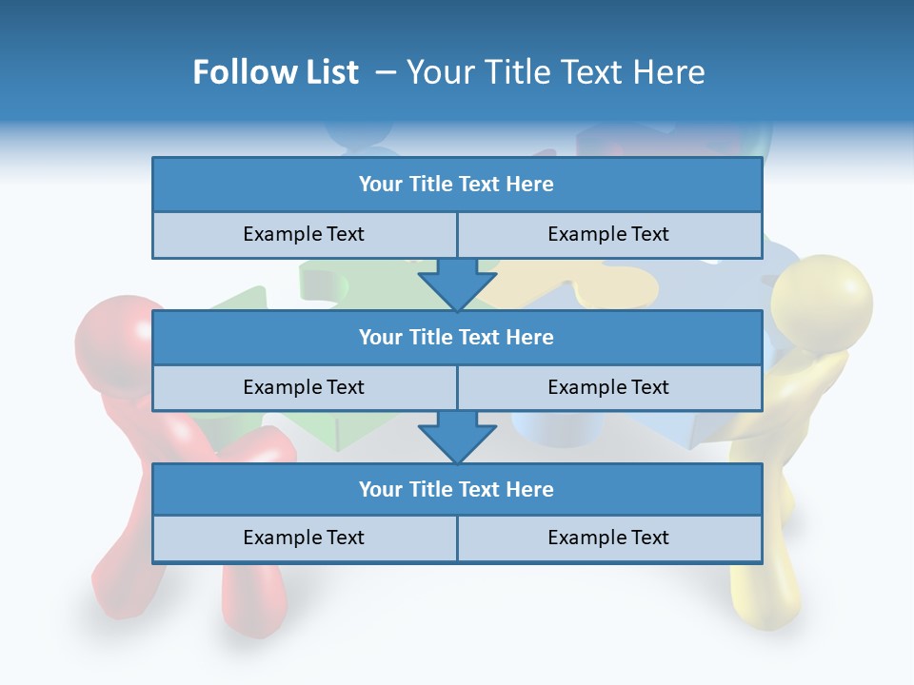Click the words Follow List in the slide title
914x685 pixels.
tap(275, 72)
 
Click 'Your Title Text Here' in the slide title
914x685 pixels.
tap(555, 72)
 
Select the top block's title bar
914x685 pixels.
tap(456, 185)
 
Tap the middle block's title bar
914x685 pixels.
tap(456, 337)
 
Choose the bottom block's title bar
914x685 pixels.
tap(456, 489)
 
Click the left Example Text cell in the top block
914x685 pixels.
tap(304, 234)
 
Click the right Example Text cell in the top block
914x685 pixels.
tap(608, 234)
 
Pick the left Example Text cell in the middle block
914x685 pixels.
tap(304, 387)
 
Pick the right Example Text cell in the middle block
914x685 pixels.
tap(608, 387)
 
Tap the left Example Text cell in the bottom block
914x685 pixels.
tap(304, 538)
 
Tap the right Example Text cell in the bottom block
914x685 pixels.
tap(608, 538)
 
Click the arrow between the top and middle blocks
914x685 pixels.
tap(457, 284)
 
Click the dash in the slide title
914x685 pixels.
tap(386, 72)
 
